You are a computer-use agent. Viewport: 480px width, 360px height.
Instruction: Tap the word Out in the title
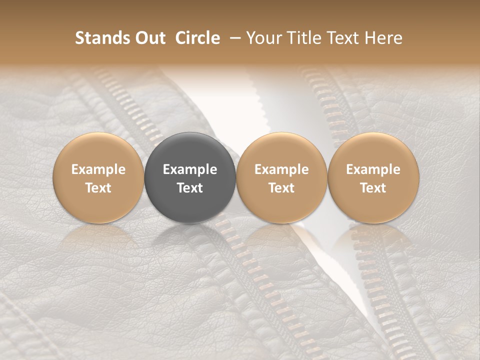149,38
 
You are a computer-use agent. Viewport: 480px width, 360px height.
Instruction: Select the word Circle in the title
197,38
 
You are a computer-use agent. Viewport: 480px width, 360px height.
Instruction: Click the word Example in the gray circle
190,169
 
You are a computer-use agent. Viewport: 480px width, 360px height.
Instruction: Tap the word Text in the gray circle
190,188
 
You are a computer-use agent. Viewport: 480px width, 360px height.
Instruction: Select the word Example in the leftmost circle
98,169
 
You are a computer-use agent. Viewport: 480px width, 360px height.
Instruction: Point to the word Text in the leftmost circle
98,188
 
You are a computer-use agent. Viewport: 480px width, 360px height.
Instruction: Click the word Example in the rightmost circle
373,169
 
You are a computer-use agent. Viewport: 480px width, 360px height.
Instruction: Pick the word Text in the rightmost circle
373,188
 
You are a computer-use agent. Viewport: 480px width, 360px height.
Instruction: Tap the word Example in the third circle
281,169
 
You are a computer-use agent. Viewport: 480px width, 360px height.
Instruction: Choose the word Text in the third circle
281,188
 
